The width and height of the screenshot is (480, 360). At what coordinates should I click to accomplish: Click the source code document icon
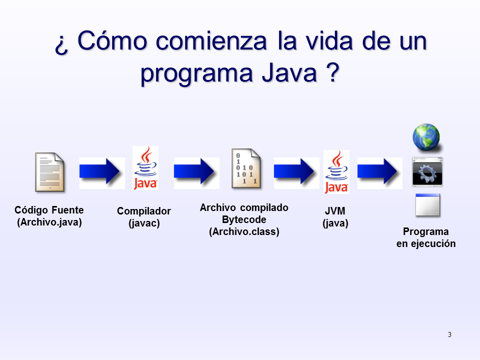[49, 172]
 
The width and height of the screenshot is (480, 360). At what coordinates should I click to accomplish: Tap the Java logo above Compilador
[145, 168]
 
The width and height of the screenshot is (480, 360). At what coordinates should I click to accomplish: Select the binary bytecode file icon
[246, 169]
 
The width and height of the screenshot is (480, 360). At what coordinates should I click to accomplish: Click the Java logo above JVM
[336, 171]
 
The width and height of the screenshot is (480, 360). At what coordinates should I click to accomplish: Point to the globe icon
[426, 137]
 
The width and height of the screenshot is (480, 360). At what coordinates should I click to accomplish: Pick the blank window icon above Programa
[427, 205]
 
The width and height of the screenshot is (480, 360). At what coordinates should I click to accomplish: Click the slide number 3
[449, 334]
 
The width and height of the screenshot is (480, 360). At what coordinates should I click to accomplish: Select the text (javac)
[144, 223]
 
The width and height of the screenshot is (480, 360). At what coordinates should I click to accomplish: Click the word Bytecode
[244, 219]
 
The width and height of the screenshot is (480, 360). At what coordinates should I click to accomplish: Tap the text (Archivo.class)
[244, 231]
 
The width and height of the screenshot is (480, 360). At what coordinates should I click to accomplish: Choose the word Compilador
[144, 211]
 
